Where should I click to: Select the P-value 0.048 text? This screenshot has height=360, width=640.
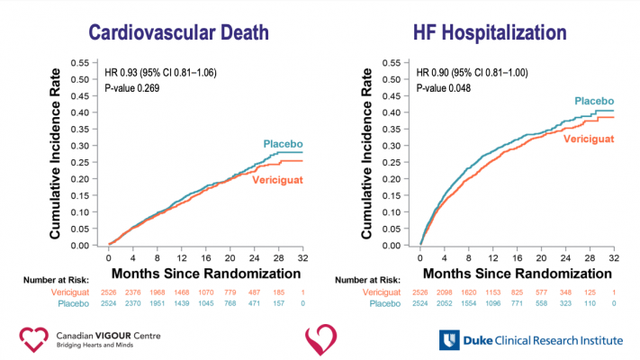point(445,87)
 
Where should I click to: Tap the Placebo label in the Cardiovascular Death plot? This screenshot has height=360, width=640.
point(281,143)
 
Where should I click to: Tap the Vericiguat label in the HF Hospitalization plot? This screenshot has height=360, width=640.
point(590,138)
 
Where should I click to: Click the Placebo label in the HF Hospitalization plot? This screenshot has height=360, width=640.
point(593,101)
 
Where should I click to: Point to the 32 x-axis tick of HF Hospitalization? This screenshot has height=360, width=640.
point(614,257)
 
